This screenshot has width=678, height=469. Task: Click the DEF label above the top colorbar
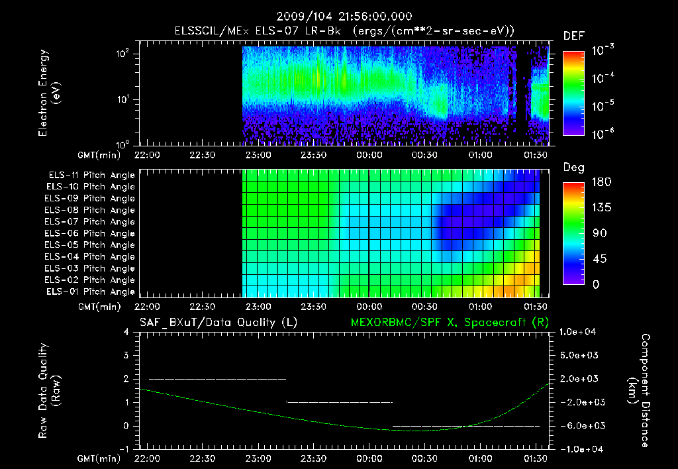tap(573, 36)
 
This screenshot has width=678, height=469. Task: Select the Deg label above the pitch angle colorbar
tap(573, 168)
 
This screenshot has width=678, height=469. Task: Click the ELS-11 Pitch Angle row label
tap(91, 176)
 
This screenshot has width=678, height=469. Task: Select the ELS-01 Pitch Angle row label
tap(91, 292)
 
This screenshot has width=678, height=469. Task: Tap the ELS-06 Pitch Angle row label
tap(91, 234)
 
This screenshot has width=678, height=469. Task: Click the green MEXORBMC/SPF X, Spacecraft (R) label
tap(449, 322)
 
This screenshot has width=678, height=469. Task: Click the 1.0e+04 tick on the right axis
tap(580, 331)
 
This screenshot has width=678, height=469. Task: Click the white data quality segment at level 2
tap(217, 379)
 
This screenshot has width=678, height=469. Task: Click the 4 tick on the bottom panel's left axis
tap(126, 332)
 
